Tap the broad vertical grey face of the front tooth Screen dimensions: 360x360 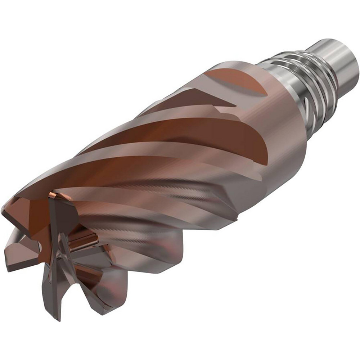(x=61, y=216)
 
